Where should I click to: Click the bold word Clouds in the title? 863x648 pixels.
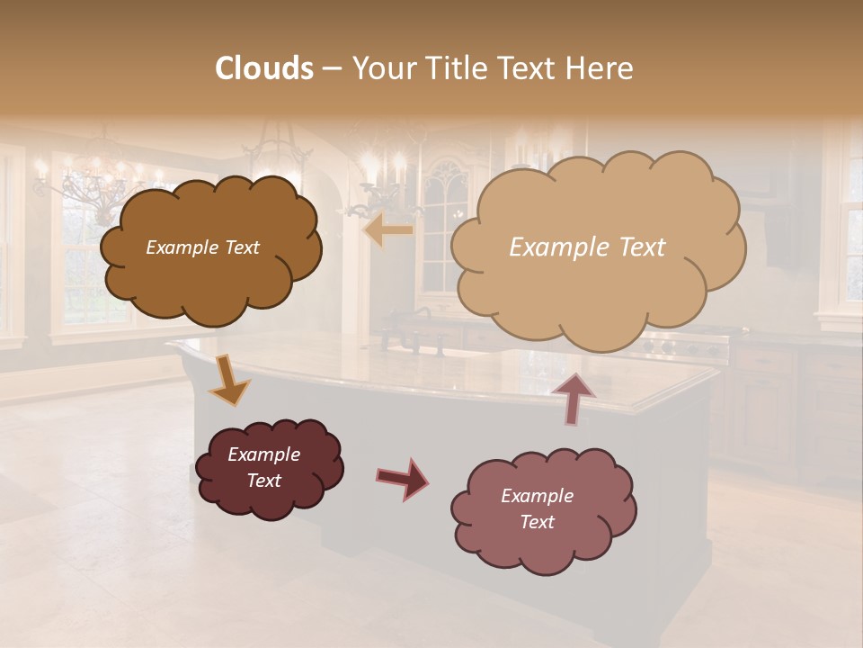(x=264, y=68)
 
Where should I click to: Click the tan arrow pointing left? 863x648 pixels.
(x=387, y=230)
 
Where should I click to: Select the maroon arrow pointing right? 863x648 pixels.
(x=402, y=478)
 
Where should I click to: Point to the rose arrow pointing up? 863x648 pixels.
(x=572, y=396)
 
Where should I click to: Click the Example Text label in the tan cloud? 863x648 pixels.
(x=587, y=247)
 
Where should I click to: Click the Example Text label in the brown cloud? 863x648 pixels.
(x=202, y=247)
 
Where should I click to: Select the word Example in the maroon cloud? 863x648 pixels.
(x=263, y=454)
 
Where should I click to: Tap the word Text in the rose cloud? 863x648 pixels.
(x=537, y=522)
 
